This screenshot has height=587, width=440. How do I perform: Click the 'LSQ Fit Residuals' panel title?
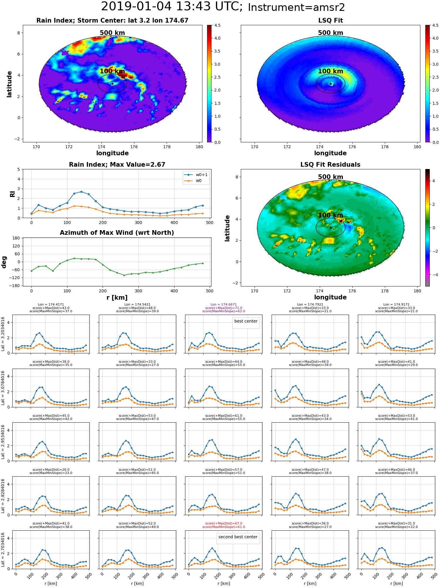330,165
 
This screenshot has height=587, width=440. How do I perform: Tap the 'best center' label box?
246,321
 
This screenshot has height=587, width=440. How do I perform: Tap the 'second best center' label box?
238,537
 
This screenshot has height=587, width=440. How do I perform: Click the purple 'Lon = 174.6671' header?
224,305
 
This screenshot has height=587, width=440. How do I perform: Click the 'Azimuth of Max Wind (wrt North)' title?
117,233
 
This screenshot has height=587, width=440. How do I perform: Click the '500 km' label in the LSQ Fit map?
331,33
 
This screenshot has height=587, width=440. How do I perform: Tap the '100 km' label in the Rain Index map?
112,71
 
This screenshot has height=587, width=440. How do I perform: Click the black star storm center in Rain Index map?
112,84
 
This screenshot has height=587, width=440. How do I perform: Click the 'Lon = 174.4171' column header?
51,305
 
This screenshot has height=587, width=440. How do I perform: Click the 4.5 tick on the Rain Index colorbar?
217,25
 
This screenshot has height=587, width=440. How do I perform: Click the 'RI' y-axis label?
12,194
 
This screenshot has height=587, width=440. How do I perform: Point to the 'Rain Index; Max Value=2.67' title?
117,165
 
